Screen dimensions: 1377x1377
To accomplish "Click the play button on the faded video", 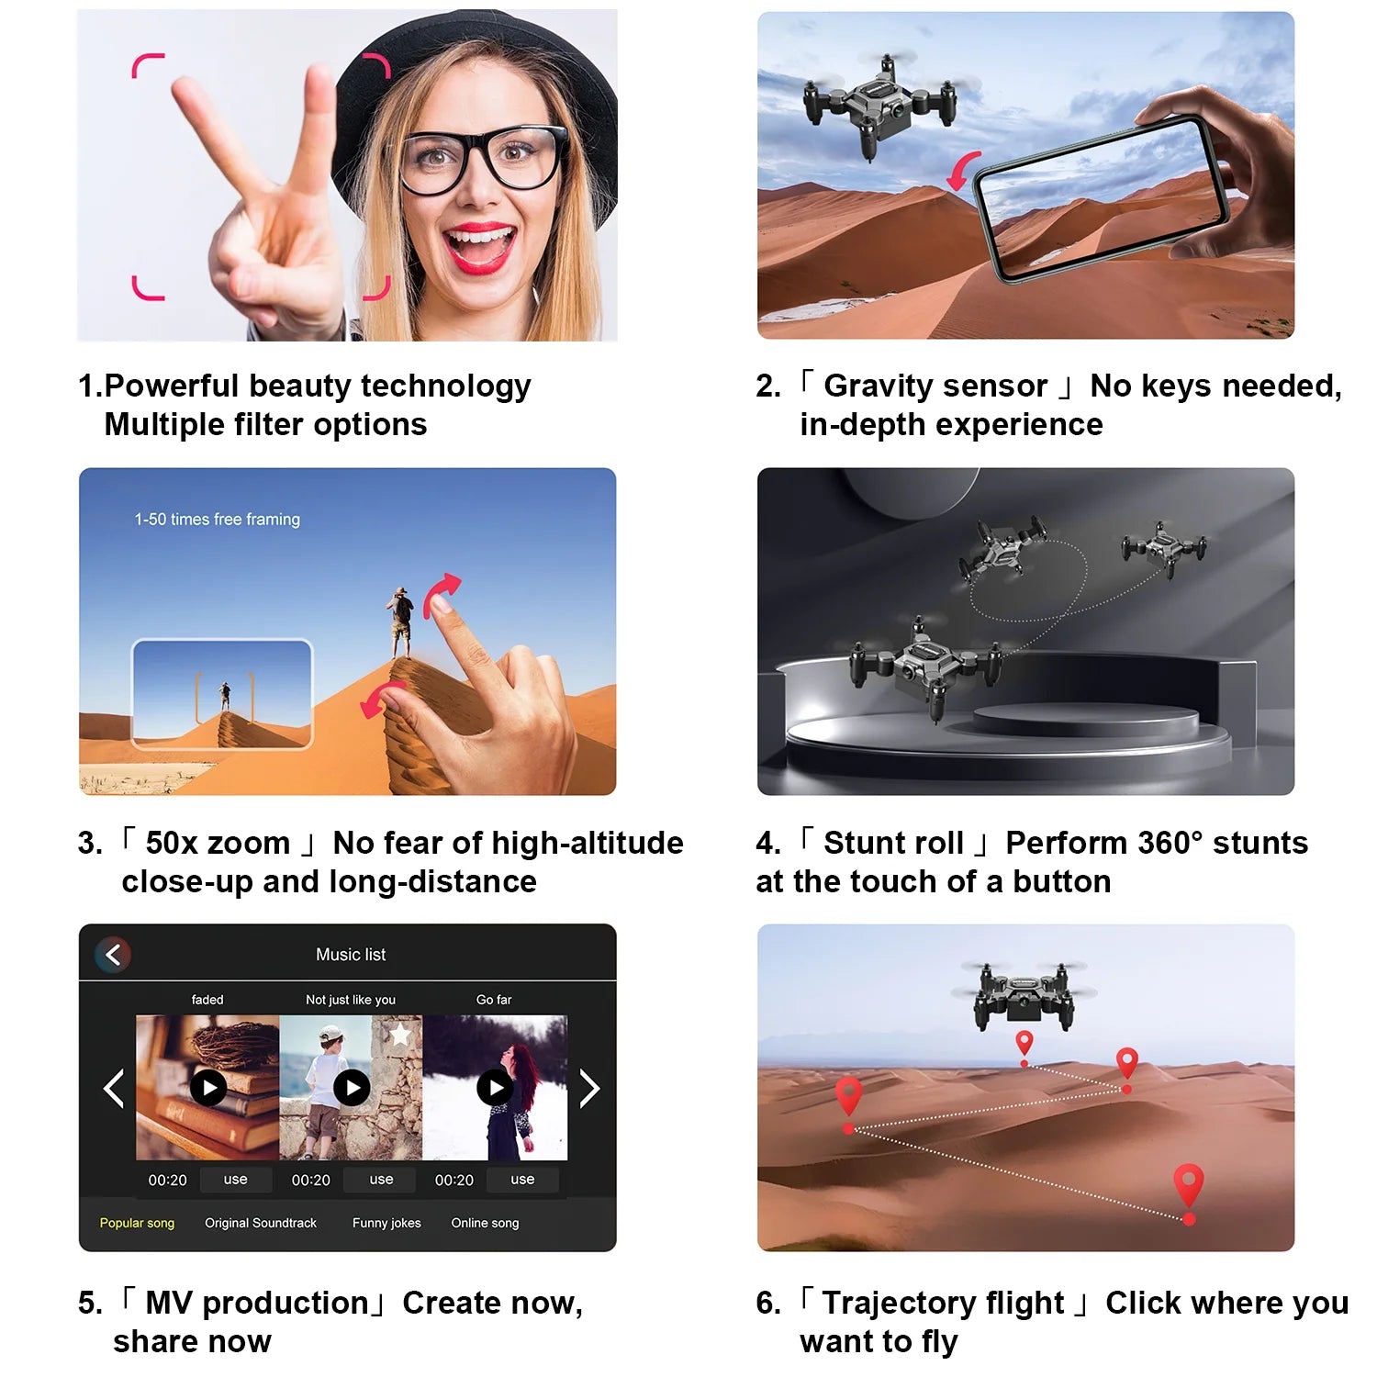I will point(208,1088).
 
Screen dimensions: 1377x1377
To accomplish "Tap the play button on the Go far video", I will point(495,1088).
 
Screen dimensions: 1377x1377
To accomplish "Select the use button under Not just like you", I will point(381,1180).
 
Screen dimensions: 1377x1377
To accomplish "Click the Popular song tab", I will point(137,1223).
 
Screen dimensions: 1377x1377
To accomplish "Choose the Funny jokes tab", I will point(386,1223).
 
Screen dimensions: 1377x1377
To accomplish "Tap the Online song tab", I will point(485,1223).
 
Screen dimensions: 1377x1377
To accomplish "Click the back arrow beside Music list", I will point(113,955).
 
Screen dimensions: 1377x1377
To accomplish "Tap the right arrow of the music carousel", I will point(589,1090).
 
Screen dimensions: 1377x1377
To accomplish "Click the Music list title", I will point(351,955).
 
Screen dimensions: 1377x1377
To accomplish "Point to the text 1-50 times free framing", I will point(218,520).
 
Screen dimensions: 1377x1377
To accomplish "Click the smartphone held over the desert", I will point(1102,197).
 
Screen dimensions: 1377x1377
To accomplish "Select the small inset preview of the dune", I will point(222,694).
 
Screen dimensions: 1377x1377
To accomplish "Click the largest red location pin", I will point(1189,1186).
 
